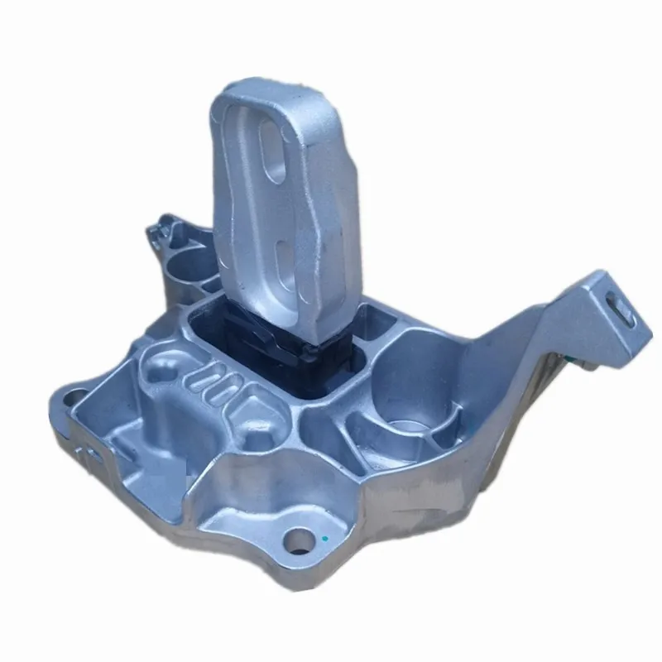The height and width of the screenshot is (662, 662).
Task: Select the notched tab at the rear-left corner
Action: [162, 225]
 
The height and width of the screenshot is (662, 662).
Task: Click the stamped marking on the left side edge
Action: [91, 451]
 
